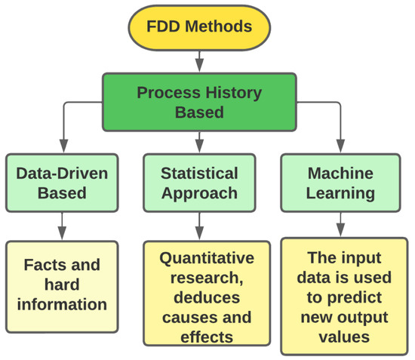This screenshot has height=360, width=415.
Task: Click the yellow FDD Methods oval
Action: (x=199, y=26)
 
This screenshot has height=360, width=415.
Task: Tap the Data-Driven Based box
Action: (x=62, y=183)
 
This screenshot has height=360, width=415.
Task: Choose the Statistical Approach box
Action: (x=199, y=183)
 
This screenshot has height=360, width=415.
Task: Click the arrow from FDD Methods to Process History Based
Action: (x=199, y=60)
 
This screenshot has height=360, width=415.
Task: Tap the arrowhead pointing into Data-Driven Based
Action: (x=62, y=147)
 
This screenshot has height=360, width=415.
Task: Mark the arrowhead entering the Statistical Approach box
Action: (x=199, y=147)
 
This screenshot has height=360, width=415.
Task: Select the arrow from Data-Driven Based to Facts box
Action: (x=62, y=226)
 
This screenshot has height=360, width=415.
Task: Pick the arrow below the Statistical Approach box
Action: (x=199, y=226)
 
